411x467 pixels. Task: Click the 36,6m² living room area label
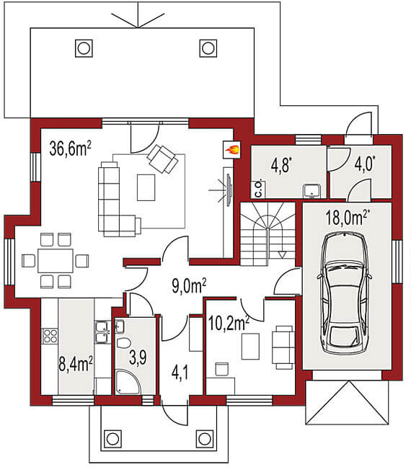(71, 148)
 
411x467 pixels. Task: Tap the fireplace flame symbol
(232, 149)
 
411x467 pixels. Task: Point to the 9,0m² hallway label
(189, 286)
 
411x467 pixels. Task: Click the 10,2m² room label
(229, 324)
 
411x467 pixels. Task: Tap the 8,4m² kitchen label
(76, 364)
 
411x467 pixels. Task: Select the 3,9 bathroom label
(138, 357)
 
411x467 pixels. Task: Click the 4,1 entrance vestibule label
(180, 373)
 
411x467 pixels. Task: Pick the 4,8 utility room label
(281, 165)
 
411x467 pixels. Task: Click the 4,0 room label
(365, 164)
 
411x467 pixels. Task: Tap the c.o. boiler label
(258, 189)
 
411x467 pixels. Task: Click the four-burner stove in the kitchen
(50, 336)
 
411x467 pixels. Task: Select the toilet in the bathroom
(123, 343)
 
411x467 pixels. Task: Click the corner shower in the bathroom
(128, 382)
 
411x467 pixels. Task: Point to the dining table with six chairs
(55, 261)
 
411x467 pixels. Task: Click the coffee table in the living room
(146, 187)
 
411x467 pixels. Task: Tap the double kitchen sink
(102, 332)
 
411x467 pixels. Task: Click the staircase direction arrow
(282, 254)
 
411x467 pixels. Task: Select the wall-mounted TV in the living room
(229, 190)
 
